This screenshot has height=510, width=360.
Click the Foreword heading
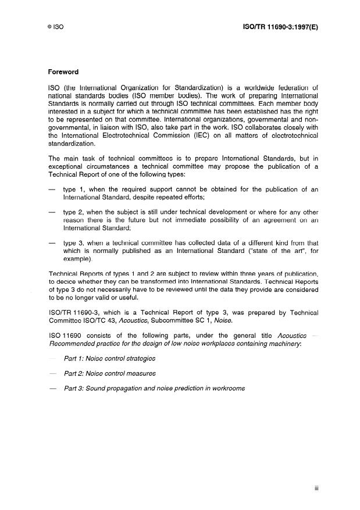tap(63, 73)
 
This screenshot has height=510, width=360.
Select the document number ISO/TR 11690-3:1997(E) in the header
tap(280, 27)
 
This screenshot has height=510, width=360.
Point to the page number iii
tap(316, 490)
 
